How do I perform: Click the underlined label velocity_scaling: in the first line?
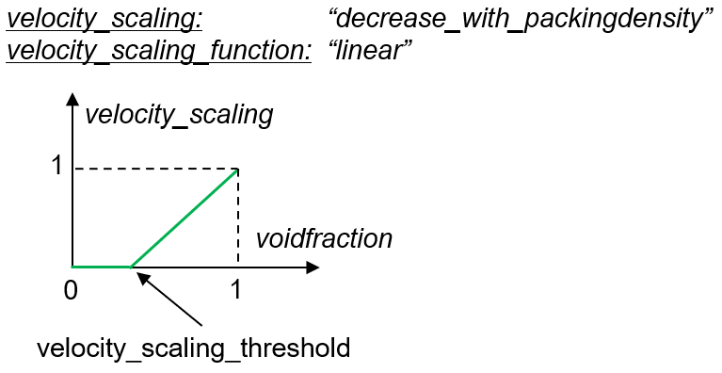pyautogui.click(x=104, y=20)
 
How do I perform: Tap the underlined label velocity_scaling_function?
pyautogui.click(x=159, y=51)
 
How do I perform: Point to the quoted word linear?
pyautogui.click(x=370, y=50)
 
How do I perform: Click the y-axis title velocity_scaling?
pyautogui.click(x=179, y=114)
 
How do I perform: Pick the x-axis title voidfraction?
pyautogui.click(x=324, y=238)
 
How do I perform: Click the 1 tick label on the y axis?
pyautogui.click(x=57, y=165)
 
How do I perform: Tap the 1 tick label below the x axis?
pyautogui.click(x=236, y=290)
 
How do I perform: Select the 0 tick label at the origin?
pyautogui.click(x=71, y=290)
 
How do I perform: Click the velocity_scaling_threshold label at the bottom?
pyautogui.click(x=193, y=348)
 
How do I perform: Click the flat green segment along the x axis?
pyautogui.click(x=102, y=267)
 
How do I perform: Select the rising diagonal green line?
pyautogui.click(x=185, y=219)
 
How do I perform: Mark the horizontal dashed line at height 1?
pyautogui.click(x=156, y=169)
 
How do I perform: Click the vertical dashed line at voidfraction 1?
pyautogui.click(x=237, y=219)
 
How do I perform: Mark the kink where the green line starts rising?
pyautogui.click(x=131, y=267)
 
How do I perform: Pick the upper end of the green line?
pyautogui.click(x=237, y=170)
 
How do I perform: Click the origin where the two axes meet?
pyautogui.click(x=72, y=267)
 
